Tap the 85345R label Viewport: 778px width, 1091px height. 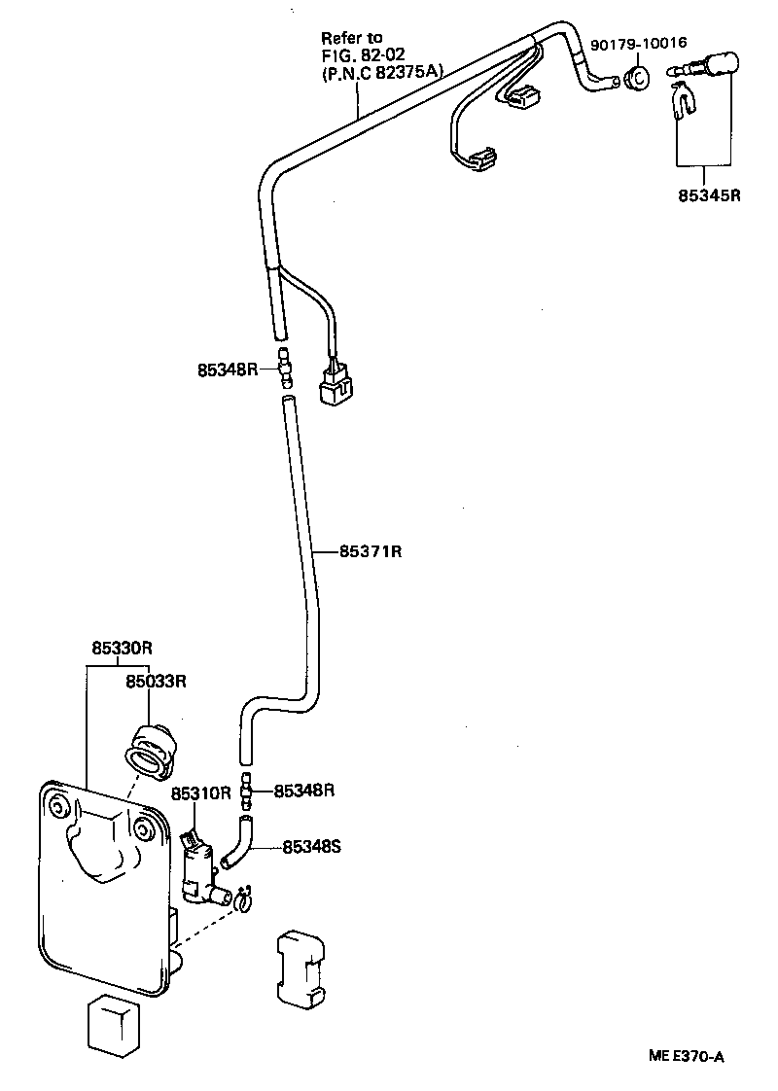(x=710, y=194)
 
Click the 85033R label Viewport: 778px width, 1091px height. (x=154, y=682)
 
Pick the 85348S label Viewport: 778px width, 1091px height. (x=311, y=846)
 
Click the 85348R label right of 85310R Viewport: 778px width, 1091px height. (x=303, y=791)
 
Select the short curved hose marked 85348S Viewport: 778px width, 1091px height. (x=237, y=842)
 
